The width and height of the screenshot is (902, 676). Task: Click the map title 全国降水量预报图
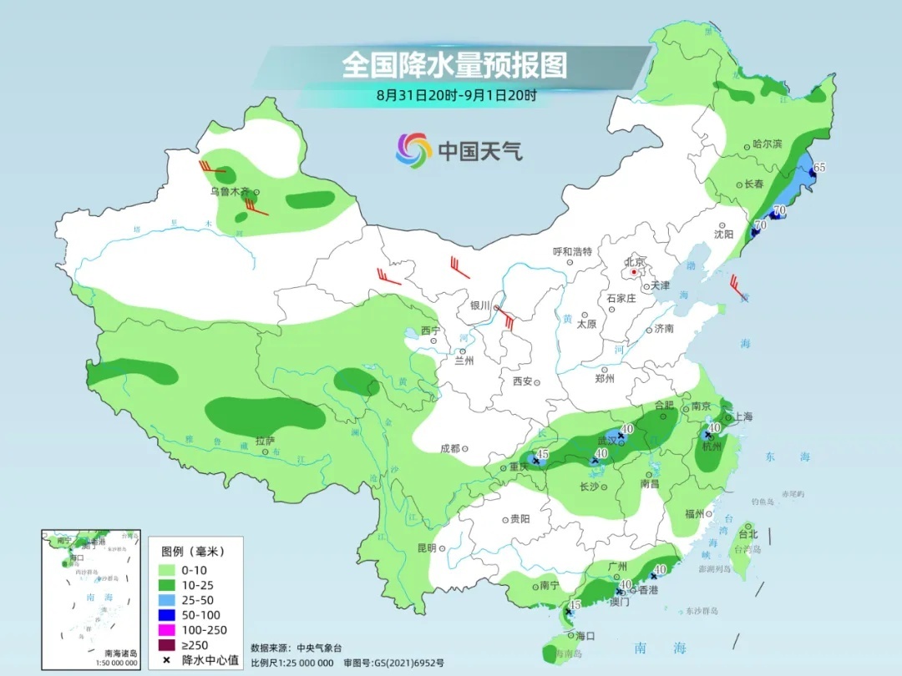point(454,65)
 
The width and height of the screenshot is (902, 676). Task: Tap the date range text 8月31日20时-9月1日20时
point(456,95)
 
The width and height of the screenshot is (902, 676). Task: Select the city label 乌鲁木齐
point(230,191)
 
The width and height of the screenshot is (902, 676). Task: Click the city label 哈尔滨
point(767,144)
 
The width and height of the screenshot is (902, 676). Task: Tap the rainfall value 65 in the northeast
point(819,167)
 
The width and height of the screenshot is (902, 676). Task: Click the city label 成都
point(450,448)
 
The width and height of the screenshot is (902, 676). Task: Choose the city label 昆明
point(426,548)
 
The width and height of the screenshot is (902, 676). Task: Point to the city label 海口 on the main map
point(585,636)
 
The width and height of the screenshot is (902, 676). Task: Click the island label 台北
point(747,534)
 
